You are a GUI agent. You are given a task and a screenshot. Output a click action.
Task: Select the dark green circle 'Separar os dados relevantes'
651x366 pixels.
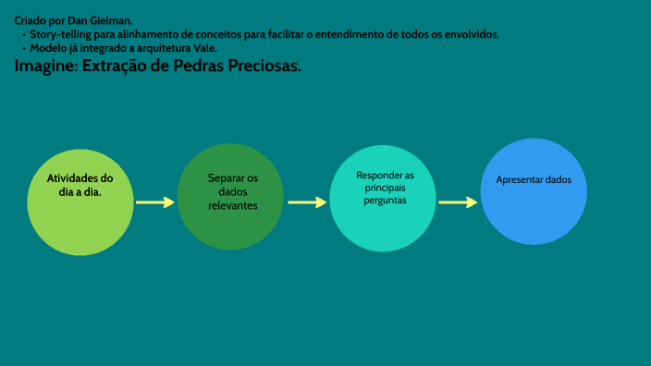pyautogui.click(x=230, y=197)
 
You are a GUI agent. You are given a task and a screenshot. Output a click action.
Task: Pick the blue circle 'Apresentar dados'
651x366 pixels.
pyautogui.click(x=534, y=191)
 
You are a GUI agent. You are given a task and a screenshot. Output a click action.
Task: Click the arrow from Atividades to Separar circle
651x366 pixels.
pyautogui.click(x=155, y=201)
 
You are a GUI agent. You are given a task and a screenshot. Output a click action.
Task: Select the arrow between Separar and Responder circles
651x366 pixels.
pyautogui.click(x=307, y=201)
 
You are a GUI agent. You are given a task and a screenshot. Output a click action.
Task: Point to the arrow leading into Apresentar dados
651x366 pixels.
pyautogui.click(x=458, y=201)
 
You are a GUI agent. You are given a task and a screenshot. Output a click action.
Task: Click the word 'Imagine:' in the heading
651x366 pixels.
pyautogui.click(x=45, y=67)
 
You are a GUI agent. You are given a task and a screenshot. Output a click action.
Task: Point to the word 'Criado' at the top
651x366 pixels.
pyautogui.click(x=31, y=20)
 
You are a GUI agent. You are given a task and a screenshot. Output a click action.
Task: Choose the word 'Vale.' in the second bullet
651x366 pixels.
pyautogui.click(x=203, y=48)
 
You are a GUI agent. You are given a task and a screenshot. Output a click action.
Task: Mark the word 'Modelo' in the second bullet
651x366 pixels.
pyautogui.click(x=49, y=48)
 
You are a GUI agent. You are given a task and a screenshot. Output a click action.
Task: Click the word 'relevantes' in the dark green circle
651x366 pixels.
pyautogui.click(x=232, y=205)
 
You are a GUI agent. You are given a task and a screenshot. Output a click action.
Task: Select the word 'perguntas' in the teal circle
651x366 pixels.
pyautogui.click(x=385, y=200)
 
